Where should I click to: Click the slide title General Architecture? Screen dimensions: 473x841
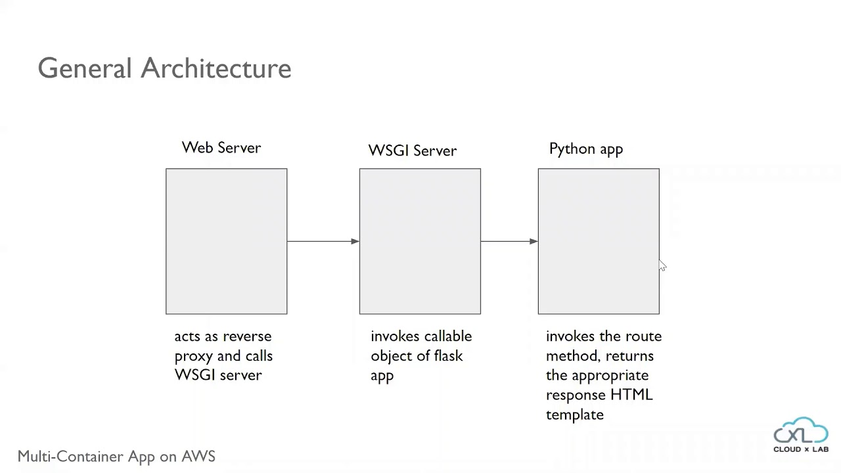pos(164,68)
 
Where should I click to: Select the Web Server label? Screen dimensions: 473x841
pos(221,148)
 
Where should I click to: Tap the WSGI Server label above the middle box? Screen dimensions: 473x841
pos(413,150)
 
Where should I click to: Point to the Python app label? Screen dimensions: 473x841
pos(586,149)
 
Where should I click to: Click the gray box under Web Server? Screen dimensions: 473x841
pos(226,241)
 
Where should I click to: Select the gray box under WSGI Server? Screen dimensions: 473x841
pos(420,241)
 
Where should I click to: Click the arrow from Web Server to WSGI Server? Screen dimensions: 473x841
pos(323,241)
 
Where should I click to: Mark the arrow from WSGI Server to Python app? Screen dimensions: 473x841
pos(509,241)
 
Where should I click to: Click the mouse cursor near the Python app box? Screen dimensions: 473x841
pos(662,265)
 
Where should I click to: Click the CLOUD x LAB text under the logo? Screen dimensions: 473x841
pos(801,449)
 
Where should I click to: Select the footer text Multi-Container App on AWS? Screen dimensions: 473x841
pos(116,457)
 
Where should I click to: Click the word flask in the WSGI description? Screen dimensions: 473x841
pos(447,356)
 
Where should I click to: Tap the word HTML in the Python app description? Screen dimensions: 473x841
pos(631,395)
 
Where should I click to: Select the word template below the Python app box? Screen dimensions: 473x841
pos(574,415)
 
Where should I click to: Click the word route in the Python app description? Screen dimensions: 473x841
pos(643,336)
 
